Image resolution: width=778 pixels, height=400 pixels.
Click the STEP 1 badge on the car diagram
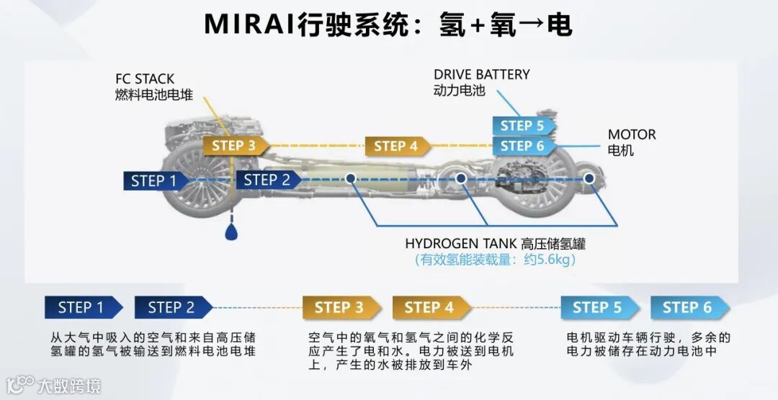(x=153, y=181)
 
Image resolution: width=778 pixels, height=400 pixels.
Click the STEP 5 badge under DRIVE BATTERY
(x=522, y=125)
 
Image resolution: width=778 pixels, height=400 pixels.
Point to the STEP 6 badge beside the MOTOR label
(x=522, y=145)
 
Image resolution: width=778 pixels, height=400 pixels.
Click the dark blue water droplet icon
(x=232, y=232)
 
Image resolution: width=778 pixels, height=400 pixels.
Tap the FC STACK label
(x=145, y=78)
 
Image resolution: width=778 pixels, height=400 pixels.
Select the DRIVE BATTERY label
(x=481, y=74)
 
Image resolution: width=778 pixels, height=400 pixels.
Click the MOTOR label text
(x=632, y=135)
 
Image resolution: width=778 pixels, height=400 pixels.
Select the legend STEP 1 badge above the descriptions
(x=81, y=308)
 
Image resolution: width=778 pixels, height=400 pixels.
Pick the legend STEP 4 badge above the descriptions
(x=429, y=308)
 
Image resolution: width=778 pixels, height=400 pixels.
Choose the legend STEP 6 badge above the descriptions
(x=688, y=308)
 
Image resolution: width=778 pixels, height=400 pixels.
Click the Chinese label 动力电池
(x=460, y=91)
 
